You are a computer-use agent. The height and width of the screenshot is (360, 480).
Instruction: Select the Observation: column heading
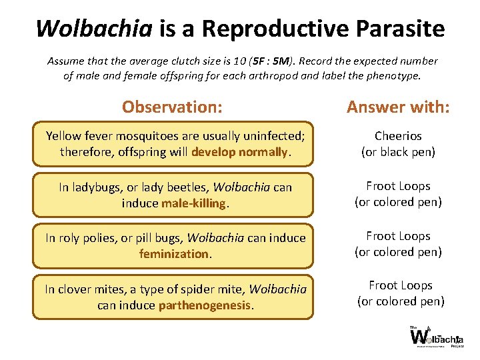pyautogui.click(x=172, y=107)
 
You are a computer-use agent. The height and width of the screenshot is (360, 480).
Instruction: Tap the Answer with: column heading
pyautogui.click(x=398, y=107)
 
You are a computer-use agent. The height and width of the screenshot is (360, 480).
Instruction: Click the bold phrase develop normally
pyautogui.click(x=239, y=152)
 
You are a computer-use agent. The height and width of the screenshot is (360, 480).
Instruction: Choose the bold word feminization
pyautogui.click(x=174, y=253)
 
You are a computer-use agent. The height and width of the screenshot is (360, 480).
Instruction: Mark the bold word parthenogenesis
pyautogui.click(x=205, y=305)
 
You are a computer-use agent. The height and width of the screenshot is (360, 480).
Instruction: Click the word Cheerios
pyautogui.click(x=398, y=136)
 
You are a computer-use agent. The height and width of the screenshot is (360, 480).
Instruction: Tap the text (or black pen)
pyautogui.click(x=398, y=152)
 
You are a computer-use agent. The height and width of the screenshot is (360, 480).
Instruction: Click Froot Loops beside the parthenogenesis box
pyautogui.click(x=400, y=285)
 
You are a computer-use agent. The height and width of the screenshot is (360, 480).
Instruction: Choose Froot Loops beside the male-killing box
pyautogui.click(x=398, y=186)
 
